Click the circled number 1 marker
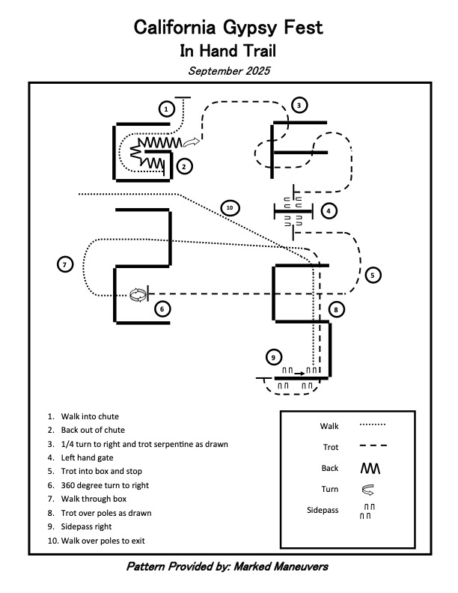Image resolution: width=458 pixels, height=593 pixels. pos(167,109)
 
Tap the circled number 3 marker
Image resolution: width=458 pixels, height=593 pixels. pos(298,106)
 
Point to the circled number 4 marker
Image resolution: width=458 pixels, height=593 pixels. pos(327,211)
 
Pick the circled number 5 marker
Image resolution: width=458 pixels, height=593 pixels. pos(373,276)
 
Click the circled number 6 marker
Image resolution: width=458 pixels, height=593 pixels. pos(162,308)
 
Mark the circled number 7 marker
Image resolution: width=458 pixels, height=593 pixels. pos(65,264)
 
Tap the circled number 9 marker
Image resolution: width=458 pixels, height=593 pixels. pos(275,356)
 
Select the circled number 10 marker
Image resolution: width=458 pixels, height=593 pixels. pos(230,207)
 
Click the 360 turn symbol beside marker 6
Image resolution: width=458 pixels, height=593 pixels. pos(137,295)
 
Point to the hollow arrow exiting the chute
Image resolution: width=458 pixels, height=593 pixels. pos(192,142)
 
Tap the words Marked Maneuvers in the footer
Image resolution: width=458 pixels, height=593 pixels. pos(285,567)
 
